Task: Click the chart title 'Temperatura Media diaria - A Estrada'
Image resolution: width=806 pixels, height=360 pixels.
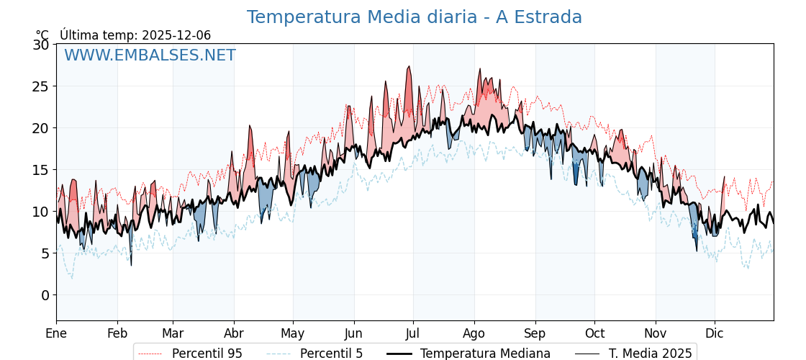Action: pyautogui.click(x=414, y=17)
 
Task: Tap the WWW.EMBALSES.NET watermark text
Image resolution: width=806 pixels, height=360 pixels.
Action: pyautogui.click(x=150, y=55)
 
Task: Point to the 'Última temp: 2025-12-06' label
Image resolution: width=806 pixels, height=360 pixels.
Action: pyautogui.click(x=135, y=35)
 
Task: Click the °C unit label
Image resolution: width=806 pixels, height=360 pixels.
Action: pyautogui.click(x=42, y=35)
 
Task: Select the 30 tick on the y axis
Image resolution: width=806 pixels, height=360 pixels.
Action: pyautogui.click(x=40, y=45)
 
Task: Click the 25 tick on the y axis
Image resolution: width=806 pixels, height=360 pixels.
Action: pyautogui.click(x=40, y=86)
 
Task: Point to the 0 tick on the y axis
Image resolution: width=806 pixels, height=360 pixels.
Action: pyautogui.click(x=45, y=295)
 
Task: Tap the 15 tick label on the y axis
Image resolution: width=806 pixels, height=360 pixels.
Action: pyautogui.click(x=40, y=170)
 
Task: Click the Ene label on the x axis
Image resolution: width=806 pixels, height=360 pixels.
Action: pyautogui.click(x=56, y=333)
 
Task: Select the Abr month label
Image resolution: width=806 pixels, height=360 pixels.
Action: pyautogui.click(x=234, y=333)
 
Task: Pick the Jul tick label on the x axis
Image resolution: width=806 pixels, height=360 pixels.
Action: pyautogui.click(x=413, y=333)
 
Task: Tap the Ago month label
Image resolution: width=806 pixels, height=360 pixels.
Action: pyautogui.click(x=474, y=333)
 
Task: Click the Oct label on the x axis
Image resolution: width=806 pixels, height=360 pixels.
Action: pyautogui.click(x=594, y=333)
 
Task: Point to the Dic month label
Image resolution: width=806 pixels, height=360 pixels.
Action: pyautogui.click(x=715, y=333)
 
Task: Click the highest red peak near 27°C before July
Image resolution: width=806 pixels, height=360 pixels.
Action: pyautogui.click(x=409, y=67)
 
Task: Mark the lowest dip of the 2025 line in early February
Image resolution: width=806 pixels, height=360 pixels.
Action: pyautogui.click(x=131, y=265)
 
